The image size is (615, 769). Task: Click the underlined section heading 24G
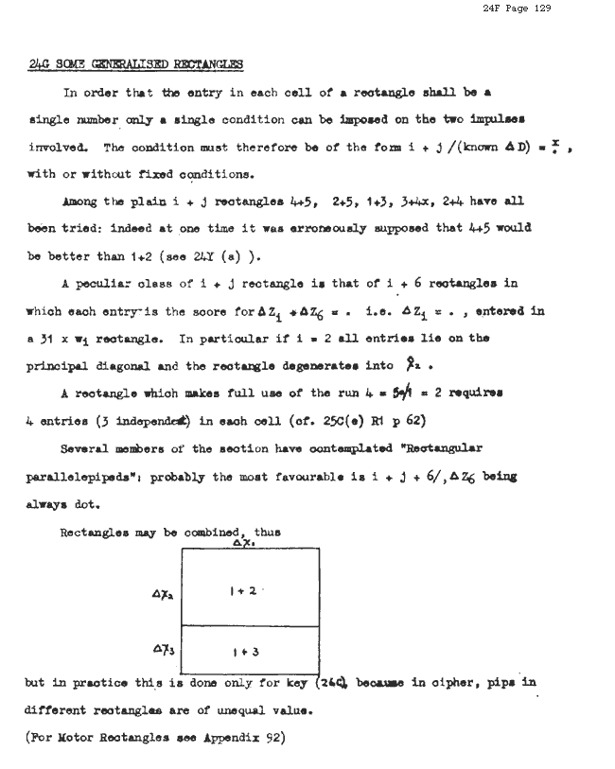point(135,65)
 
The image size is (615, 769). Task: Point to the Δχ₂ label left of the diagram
point(160,595)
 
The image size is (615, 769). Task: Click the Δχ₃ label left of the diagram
point(160,650)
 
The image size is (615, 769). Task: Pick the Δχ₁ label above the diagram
point(240,543)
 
